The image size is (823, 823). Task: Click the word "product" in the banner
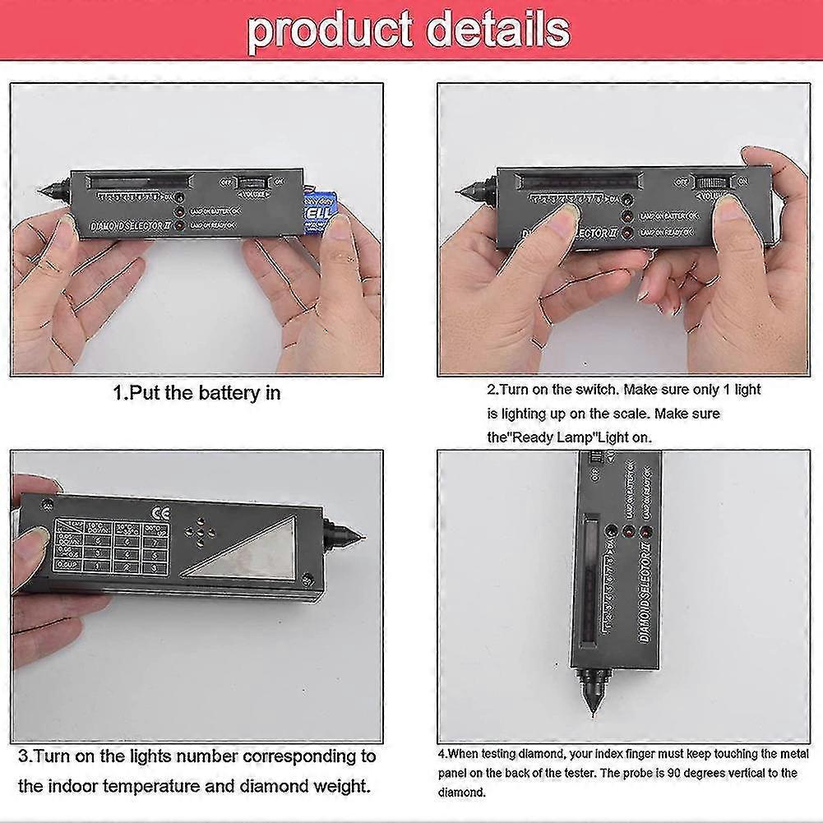329,30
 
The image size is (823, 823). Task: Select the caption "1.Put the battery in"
197,393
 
